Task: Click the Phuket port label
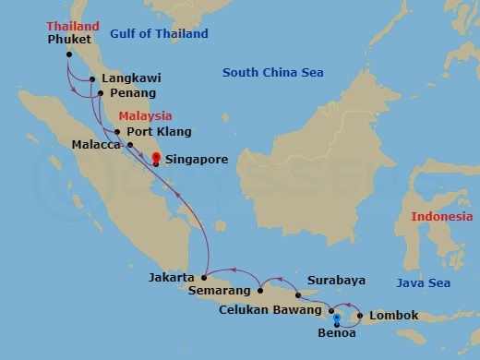click(69, 41)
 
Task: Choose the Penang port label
click(132, 93)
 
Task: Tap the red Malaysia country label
click(146, 116)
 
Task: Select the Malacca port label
click(96, 145)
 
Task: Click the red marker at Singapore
click(155, 158)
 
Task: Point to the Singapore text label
click(196, 160)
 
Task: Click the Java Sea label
click(424, 282)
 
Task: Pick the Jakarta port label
click(171, 277)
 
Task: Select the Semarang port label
click(219, 291)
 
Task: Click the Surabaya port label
click(335, 280)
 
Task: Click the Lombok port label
click(393, 316)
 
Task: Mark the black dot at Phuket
click(69, 54)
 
